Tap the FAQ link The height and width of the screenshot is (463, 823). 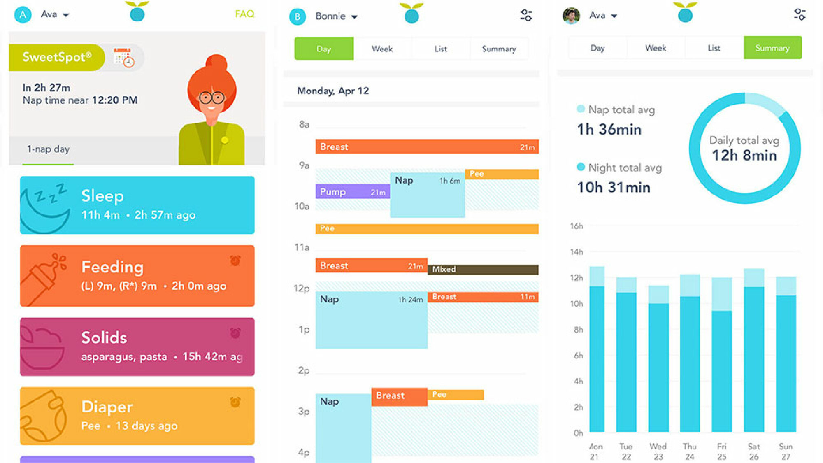tap(244, 14)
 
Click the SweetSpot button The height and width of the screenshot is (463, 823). tap(57, 57)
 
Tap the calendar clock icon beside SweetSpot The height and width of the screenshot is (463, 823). tap(124, 58)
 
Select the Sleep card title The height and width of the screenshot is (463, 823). tap(102, 196)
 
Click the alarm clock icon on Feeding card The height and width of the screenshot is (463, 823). tap(235, 260)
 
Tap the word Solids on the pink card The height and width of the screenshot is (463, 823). tap(104, 337)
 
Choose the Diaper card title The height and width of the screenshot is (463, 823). tap(107, 407)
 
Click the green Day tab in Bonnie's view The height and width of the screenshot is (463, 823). tap(324, 49)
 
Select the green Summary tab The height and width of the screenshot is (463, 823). tap(772, 48)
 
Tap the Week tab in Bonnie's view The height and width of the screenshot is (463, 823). tap(382, 49)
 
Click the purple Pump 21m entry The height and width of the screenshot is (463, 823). tap(353, 192)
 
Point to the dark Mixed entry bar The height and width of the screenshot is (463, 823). tap(483, 270)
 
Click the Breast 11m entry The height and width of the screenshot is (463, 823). tap(483, 297)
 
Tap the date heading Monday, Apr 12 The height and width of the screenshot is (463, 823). tap(333, 91)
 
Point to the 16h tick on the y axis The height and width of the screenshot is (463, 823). tap(577, 226)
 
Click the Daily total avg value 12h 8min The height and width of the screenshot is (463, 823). tap(744, 156)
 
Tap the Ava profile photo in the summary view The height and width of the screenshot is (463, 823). tap(571, 16)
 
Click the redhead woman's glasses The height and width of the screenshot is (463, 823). tap(212, 98)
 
